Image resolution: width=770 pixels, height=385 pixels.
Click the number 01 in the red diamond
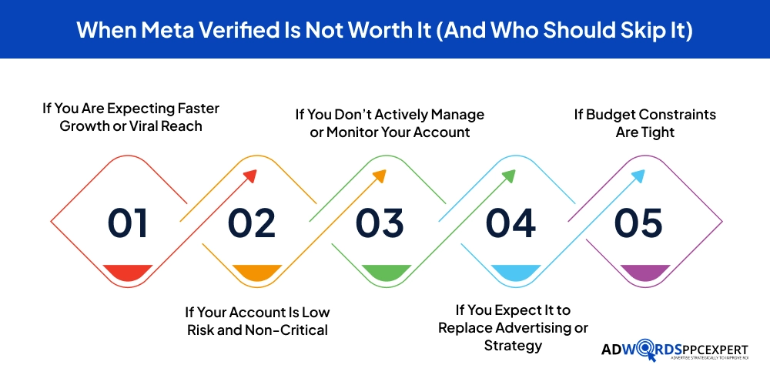[x=127, y=223]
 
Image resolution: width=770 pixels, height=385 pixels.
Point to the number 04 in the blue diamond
[x=511, y=223]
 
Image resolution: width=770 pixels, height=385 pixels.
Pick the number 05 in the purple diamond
[x=638, y=223]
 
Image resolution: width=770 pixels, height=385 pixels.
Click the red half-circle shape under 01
[x=127, y=272]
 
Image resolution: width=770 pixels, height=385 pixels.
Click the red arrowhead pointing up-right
[x=249, y=176]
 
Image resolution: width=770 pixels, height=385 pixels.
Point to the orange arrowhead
[x=378, y=176]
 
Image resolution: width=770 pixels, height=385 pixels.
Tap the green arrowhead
[x=507, y=176]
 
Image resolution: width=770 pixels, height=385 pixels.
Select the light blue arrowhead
[x=637, y=176]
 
